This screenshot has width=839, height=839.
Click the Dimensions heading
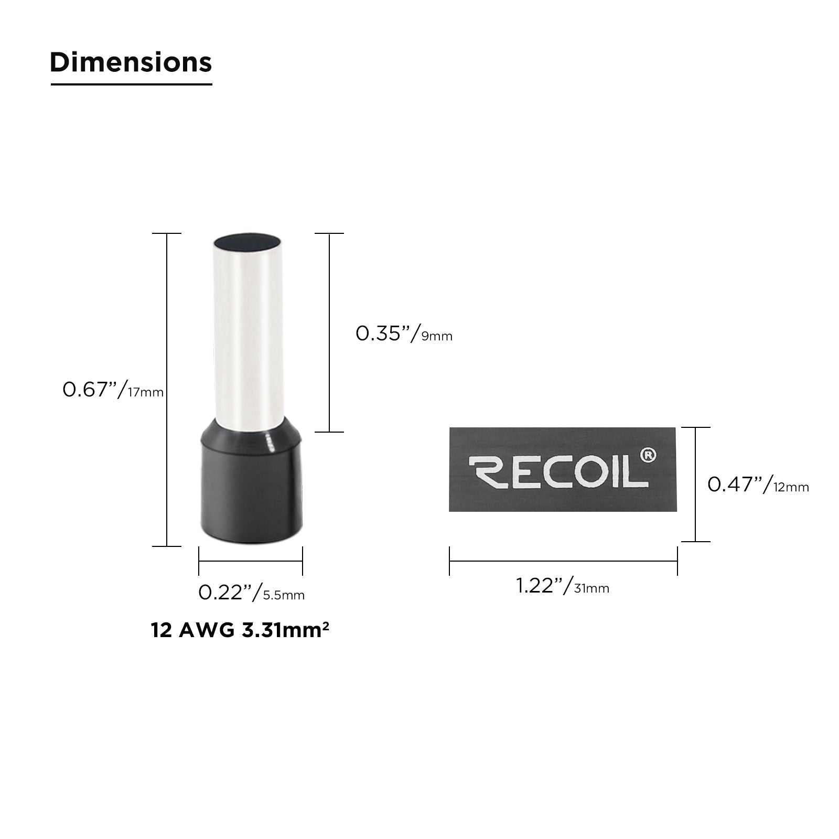[x=131, y=62]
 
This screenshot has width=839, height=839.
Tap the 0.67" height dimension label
[x=113, y=390]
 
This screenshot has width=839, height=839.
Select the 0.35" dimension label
[x=404, y=334]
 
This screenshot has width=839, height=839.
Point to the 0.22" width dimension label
[x=251, y=593]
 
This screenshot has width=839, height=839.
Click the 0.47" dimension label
[x=758, y=485]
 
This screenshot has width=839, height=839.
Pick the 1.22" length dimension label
[x=563, y=586]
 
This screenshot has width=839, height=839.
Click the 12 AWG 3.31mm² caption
[x=240, y=629]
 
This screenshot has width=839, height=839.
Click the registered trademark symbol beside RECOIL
[x=648, y=455]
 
